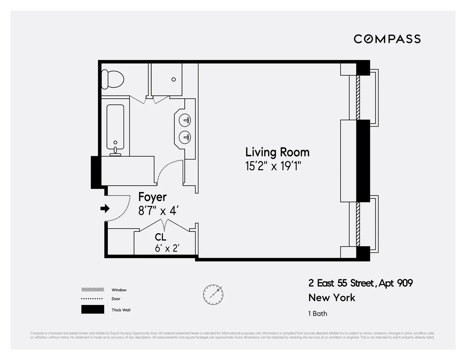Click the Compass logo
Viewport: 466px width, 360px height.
pos(387,39)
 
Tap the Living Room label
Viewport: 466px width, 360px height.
pos(277,152)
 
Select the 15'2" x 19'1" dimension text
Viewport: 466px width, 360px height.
pos(273,166)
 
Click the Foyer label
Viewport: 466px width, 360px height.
pos(152,197)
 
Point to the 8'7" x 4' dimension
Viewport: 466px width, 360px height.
pos(158,211)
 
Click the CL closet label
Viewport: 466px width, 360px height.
pos(161,237)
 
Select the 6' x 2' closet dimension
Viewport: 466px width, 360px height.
pos(167,248)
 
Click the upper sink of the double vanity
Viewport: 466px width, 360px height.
pos(185,120)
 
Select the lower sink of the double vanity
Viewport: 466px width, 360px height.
pos(185,137)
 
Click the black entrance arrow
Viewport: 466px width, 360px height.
pos(105,208)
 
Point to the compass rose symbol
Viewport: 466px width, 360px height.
pos(213,294)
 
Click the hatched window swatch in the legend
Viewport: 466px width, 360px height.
pos(93,290)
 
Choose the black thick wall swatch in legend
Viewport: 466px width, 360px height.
pos(93,310)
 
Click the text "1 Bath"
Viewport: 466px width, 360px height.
pos(318,314)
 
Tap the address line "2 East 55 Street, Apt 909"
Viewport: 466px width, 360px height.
pos(360,283)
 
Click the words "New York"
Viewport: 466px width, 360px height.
pos(332,298)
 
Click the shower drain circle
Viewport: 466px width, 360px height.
pos(174,80)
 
